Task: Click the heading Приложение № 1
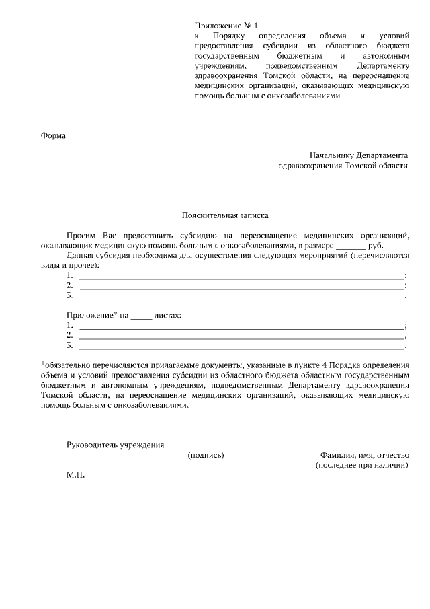coord(221,24)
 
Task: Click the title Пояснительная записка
coord(225,216)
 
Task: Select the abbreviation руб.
coord(376,246)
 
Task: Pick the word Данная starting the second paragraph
coord(82,256)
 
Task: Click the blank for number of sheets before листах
coord(141,315)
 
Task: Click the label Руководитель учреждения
coord(115,445)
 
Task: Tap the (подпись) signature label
coord(206,455)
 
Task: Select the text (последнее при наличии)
coord(361,465)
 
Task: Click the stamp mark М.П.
coord(76,475)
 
